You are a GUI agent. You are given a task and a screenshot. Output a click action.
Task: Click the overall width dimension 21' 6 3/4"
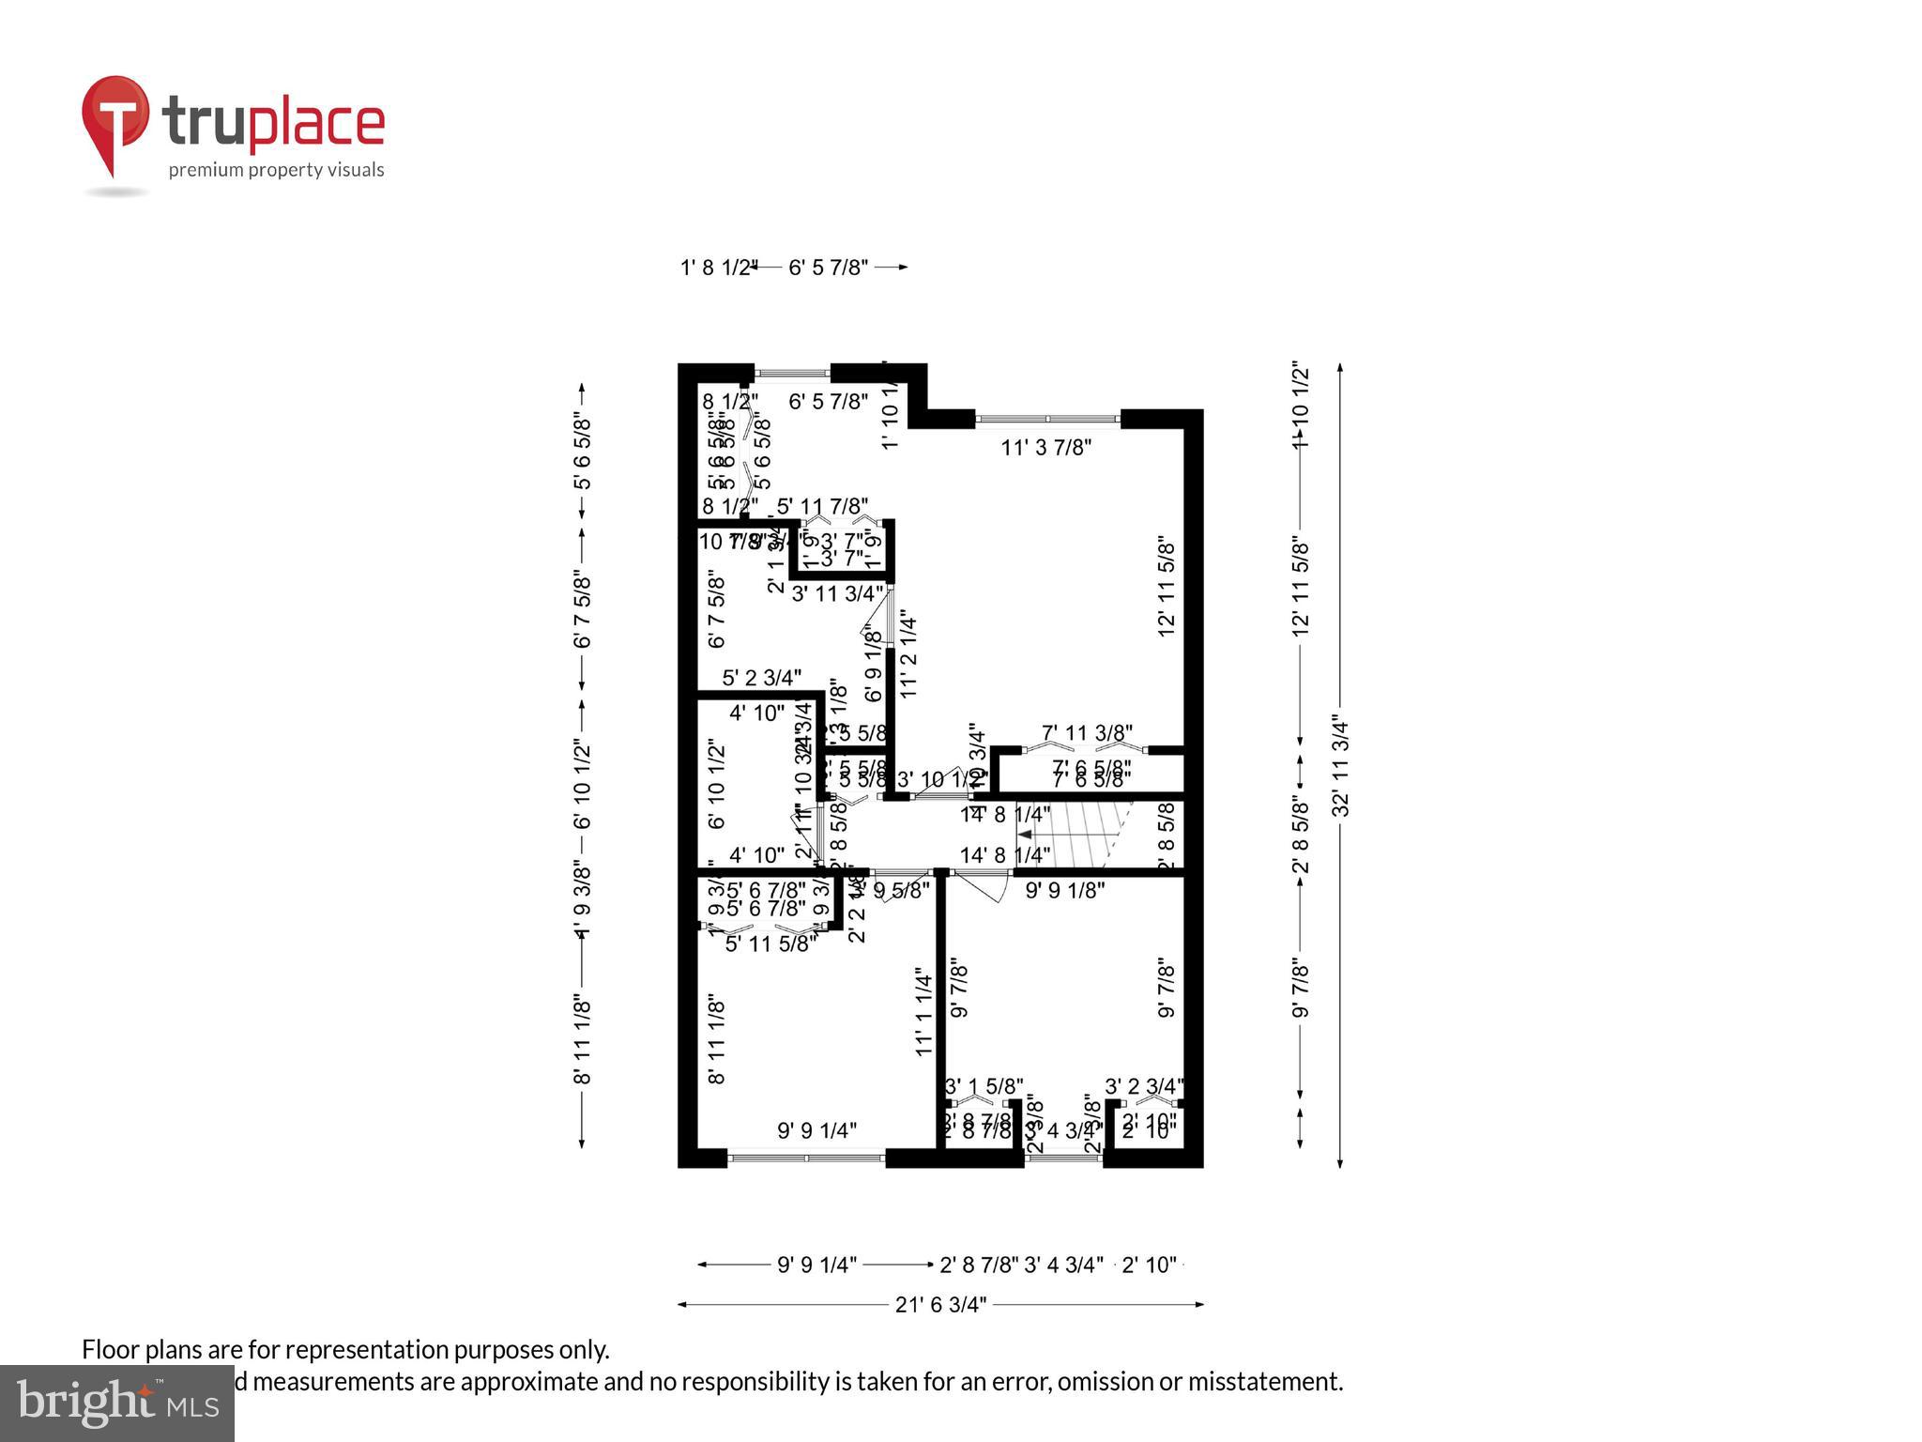click(x=940, y=1305)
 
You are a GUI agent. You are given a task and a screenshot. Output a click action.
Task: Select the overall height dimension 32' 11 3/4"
click(x=1342, y=767)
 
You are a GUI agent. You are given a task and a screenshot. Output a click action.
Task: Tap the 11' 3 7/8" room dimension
click(x=1045, y=448)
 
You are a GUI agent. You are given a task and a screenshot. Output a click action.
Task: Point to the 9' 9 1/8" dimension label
click(x=1064, y=890)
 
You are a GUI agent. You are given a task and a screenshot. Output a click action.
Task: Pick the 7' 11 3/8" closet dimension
click(x=1087, y=732)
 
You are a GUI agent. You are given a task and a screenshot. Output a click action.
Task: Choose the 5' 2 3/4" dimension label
click(x=761, y=677)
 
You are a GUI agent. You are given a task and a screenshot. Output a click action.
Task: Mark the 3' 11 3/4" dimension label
click(x=837, y=593)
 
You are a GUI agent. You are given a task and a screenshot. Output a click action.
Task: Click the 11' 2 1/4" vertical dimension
click(x=908, y=655)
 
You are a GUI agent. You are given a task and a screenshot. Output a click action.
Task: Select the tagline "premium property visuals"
click(x=276, y=170)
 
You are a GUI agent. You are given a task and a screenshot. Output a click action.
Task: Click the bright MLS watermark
click(x=116, y=1403)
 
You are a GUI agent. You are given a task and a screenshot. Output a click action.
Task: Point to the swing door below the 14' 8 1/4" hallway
click(x=983, y=884)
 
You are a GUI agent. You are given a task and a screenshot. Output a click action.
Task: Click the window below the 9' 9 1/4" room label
click(x=806, y=1158)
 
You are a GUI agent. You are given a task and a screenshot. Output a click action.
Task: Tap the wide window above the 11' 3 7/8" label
click(x=1047, y=419)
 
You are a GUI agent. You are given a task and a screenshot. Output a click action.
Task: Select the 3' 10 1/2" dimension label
click(x=939, y=779)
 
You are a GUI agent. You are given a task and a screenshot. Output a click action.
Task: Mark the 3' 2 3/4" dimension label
click(x=1144, y=1086)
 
